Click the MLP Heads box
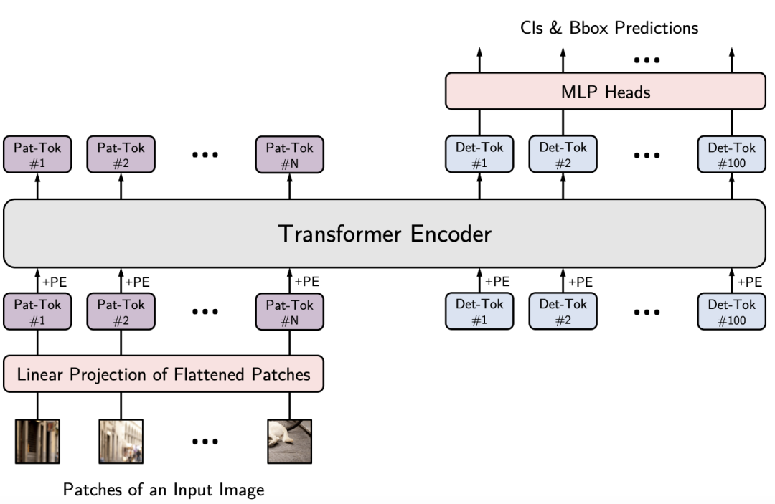pyautogui.click(x=606, y=91)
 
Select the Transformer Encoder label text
pyautogui.click(x=385, y=234)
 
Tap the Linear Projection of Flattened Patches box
pyautogui.click(x=164, y=374)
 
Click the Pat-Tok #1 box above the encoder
pyautogui.click(x=37, y=155)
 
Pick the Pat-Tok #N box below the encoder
pyautogui.click(x=290, y=312)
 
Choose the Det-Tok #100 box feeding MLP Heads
pyautogui.click(x=731, y=155)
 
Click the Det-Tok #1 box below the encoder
pyautogui.click(x=479, y=311)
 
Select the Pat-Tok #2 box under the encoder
pyautogui.click(x=121, y=312)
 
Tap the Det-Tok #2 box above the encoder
pyautogui.click(x=563, y=154)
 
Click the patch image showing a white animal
pyautogui.click(x=290, y=442)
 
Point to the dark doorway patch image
pyautogui.click(x=37, y=442)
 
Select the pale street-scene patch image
pyautogui.click(x=121, y=442)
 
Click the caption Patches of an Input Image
pyautogui.click(x=164, y=490)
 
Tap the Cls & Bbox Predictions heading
pyautogui.click(x=609, y=28)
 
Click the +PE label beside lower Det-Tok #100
pyautogui.click(x=750, y=282)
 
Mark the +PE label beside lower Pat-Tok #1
pyautogui.click(x=55, y=282)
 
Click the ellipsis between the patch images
pyautogui.click(x=205, y=442)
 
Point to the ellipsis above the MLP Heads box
pyautogui.click(x=647, y=60)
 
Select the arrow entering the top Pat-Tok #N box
pyautogui.click(x=290, y=186)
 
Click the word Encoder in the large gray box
pyautogui.click(x=451, y=234)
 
